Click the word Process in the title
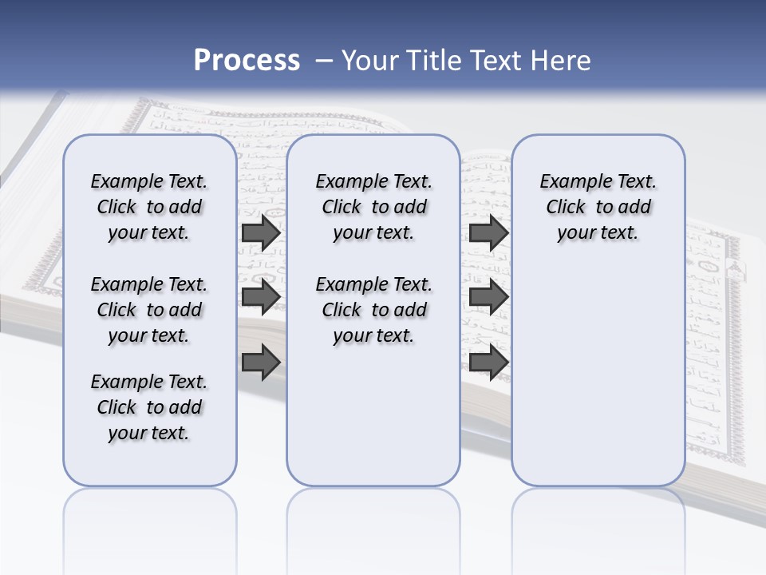coord(247,60)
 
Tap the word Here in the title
coord(561,60)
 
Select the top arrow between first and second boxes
coord(261,233)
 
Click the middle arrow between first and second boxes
coord(261,297)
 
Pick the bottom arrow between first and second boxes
coord(261,362)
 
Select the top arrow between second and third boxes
coord(488,233)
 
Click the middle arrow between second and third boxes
coord(488,297)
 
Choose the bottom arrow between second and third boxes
coord(488,362)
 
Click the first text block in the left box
coord(149,207)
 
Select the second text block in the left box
coord(149,310)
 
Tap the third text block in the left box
coord(149,407)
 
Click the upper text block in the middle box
coord(374,207)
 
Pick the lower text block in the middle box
coord(374,310)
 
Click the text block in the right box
coord(598,207)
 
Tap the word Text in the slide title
coord(492,60)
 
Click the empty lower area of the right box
coord(598,375)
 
